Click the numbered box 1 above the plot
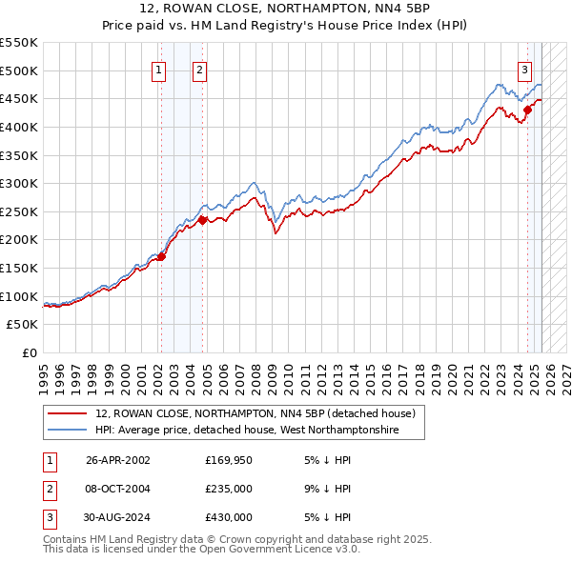coord(159,69)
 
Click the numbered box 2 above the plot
coord(199,69)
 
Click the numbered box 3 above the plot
coord(525,69)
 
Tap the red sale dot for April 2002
coord(161,256)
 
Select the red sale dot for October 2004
coord(202,220)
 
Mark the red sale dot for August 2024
coord(527,109)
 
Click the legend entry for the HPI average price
coord(247,432)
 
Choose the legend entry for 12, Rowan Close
coord(255,414)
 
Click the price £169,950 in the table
coord(228,460)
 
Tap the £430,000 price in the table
coord(228,517)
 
